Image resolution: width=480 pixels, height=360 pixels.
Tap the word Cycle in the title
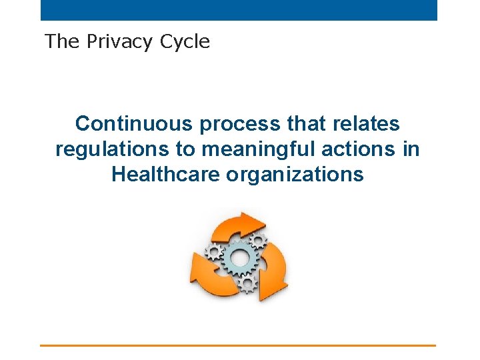tap(185, 42)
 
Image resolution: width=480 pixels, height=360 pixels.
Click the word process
tap(231, 124)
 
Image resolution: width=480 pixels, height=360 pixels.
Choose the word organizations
tap(295, 175)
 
